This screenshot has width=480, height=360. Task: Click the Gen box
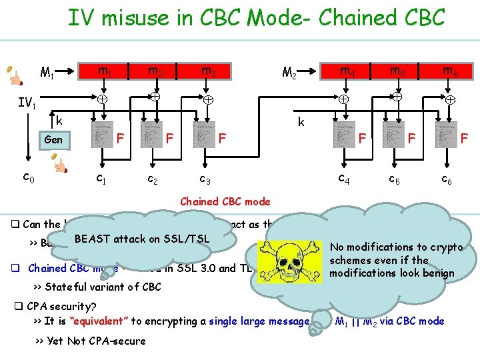pyautogui.click(x=53, y=140)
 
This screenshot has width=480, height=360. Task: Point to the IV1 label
pyautogui.click(x=27, y=104)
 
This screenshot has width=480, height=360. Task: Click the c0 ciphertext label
pyautogui.click(x=29, y=177)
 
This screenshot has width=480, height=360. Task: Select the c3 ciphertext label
pyautogui.click(x=205, y=179)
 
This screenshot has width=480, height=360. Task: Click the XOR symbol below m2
pyautogui.click(x=155, y=97)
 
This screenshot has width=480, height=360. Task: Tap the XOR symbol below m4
pyautogui.click(x=343, y=99)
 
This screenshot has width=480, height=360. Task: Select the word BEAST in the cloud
pyautogui.click(x=91, y=239)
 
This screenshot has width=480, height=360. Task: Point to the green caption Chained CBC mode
pyautogui.click(x=225, y=201)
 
